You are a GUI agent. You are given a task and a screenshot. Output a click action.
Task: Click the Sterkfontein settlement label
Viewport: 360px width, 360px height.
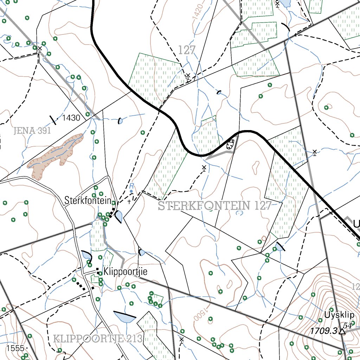click(88, 201)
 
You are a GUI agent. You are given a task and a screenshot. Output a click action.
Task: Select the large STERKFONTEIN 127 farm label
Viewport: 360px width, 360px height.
click(214, 206)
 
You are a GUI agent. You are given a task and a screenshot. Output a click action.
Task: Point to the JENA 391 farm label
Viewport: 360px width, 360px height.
click(32, 131)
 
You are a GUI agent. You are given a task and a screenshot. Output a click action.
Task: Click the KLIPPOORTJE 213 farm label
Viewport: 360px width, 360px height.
click(98, 339)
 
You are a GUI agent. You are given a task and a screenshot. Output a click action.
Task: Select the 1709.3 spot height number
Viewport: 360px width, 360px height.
click(323, 331)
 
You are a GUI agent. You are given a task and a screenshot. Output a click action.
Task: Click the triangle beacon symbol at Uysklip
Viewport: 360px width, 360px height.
click(341, 331)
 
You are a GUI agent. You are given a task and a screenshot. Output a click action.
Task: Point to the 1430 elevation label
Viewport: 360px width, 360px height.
click(71, 118)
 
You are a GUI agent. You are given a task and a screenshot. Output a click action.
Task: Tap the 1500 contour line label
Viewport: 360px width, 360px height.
click(199, 314)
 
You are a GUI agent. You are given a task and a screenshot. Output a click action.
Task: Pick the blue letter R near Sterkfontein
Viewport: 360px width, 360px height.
click(131, 186)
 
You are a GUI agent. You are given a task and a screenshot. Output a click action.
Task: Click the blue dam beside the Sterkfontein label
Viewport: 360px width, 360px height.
click(118, 216)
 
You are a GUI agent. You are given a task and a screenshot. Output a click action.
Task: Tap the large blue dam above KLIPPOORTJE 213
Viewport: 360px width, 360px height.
click(124, 317)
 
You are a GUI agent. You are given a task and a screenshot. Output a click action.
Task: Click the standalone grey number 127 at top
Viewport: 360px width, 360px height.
click(186, 50)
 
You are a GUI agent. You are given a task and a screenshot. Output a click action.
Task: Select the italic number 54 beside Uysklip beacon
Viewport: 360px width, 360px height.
click(348, 325)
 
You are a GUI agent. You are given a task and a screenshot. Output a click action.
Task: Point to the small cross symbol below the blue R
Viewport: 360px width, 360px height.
click(129, 201)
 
